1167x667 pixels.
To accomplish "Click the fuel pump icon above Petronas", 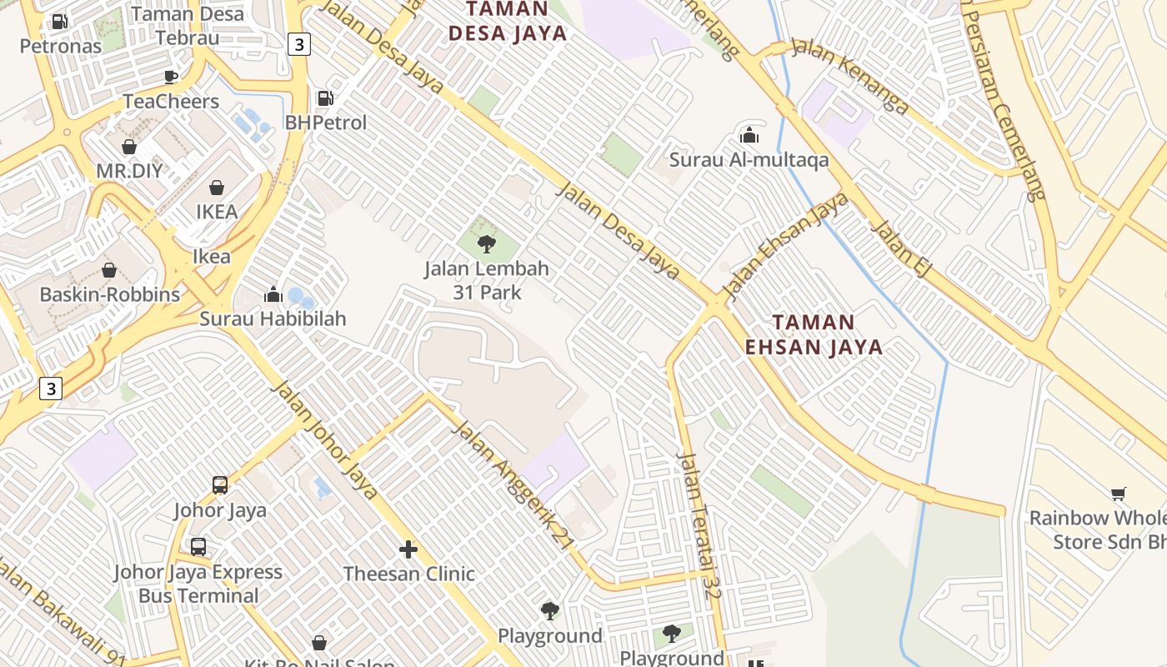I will coord(60,22).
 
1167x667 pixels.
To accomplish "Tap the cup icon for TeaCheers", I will coord(171,78).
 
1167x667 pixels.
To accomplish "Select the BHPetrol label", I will coord(326,123).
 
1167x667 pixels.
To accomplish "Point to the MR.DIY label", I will coord(129,171).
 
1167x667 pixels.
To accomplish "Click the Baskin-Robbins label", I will coord(109,294).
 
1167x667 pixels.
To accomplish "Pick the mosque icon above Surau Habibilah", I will coord(273,294).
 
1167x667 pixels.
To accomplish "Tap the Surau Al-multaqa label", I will coord(749,159).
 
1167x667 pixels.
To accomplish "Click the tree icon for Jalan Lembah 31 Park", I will coord(487,244).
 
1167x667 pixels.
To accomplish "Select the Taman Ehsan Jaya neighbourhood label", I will coord(814,334).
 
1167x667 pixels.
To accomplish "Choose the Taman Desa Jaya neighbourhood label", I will coord(508,22).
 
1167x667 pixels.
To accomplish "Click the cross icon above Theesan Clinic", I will coord(408,549).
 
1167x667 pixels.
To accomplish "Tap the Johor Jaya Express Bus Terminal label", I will coord(198,584).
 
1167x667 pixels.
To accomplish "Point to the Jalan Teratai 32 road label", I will coord(699,525).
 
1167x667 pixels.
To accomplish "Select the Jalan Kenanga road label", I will coord(849,75).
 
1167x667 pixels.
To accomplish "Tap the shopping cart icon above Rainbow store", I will coord(1118,494).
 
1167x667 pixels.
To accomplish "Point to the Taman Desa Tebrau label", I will coord(188,26).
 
